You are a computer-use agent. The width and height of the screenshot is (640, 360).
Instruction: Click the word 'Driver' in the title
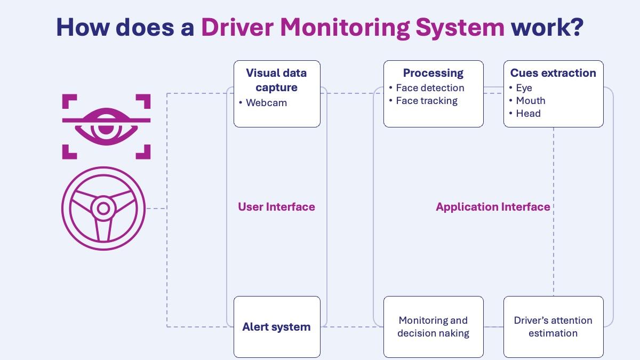(237, 27)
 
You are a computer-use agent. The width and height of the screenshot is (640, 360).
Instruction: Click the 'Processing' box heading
(433, 73)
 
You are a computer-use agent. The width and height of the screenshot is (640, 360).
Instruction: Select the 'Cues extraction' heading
(553, 73)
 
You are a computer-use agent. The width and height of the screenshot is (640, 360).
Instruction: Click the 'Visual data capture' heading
(276, 80)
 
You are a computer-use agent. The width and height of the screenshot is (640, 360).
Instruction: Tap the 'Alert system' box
(277, 326)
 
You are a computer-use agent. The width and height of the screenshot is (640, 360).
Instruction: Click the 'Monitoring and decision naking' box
(434, 326)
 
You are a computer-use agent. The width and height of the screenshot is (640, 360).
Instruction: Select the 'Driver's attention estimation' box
(554, 326)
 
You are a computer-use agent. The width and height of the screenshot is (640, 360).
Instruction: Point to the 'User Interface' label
(277, 207)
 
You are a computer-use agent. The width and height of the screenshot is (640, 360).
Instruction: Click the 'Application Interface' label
(493, 207)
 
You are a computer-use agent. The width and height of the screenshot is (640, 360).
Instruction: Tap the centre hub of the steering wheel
(103, 209)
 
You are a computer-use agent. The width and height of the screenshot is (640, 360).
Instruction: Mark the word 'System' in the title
(460, 28)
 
